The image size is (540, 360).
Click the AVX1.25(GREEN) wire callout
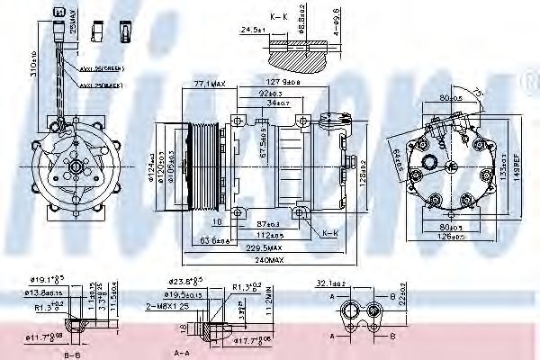point(102,67)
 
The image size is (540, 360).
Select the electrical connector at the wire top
point(58,13)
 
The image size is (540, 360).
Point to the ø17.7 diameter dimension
point(247,340)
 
